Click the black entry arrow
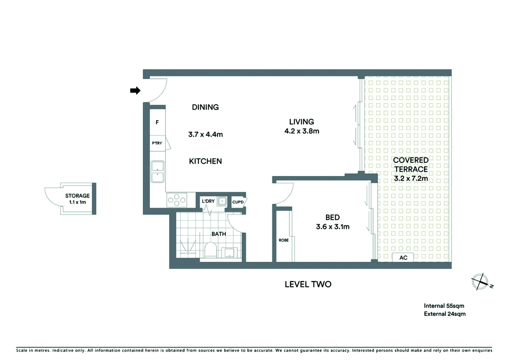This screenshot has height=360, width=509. point(135,90)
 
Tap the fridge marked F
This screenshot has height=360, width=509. point(157,122)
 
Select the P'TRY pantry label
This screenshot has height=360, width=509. point(157,143)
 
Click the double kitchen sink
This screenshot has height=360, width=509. point(158,172)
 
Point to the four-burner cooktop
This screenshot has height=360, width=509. point(177,200)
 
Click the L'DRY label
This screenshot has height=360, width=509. point(208,201)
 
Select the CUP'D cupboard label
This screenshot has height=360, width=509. point(238,202)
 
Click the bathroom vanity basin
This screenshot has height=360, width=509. point(230,252)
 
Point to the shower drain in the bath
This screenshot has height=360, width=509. point(188,253)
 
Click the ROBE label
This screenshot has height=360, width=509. point(283,240)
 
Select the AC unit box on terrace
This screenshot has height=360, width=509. point(403,258)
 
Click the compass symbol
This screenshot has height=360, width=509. point(480,282)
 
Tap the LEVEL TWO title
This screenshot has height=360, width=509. point(308,284)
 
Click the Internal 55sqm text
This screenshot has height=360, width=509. point(444,306)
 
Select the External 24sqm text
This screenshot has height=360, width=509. point(444,314)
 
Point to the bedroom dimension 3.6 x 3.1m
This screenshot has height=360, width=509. point(332,227)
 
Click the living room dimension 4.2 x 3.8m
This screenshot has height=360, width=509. point(301,131)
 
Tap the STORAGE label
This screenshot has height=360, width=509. point(77,196)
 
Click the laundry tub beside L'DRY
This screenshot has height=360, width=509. point(222,201)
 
